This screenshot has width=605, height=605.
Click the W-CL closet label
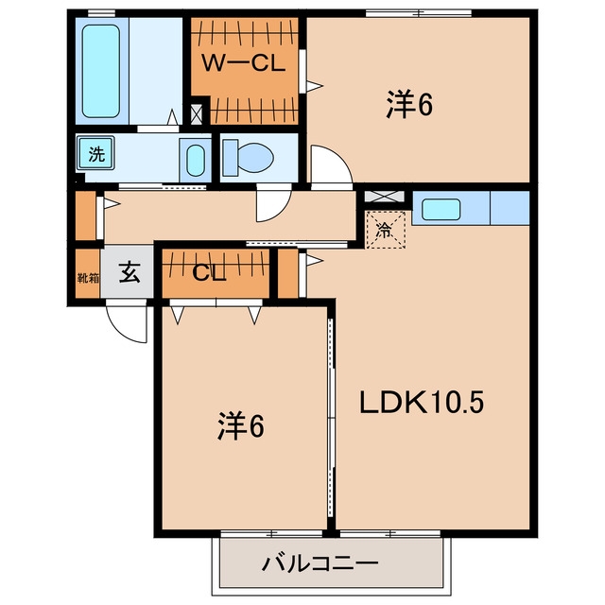(x=244, y=63)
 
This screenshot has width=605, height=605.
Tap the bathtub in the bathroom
(x=101, y=71)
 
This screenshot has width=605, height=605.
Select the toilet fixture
(x=249, y=158)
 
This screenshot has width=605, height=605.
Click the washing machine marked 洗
(x=95, y=153)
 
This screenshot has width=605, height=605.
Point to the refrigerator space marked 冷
(x=385, y=230)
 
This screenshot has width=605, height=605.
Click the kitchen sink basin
(x=441, y=210)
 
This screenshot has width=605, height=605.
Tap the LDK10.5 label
(x=422, y=403)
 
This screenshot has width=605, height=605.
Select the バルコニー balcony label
(x=320, y=563)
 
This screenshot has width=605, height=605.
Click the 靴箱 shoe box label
(x=88, y=277)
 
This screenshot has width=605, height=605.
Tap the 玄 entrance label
(x=130, y=272)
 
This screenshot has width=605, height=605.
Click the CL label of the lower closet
(x=209, y=273)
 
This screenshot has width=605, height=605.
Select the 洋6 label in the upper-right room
(x=409, y=104)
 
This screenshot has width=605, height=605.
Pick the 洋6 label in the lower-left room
(x=241, y=426)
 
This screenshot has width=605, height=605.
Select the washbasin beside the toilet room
(x=196, y=161)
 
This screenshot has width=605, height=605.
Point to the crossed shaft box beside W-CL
(x=197, y=114)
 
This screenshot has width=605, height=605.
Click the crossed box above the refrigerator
(x=385, y=197)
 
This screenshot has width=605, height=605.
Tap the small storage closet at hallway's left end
(x=85, y=216)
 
